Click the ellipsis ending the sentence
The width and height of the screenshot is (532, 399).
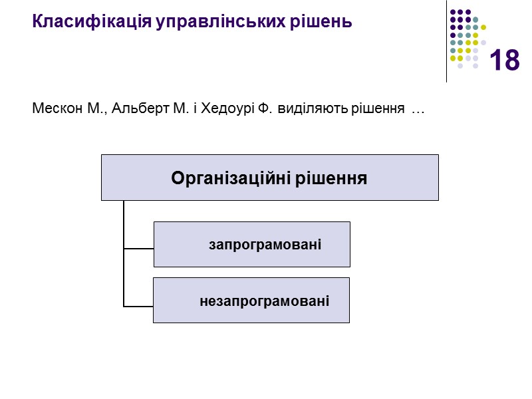418,109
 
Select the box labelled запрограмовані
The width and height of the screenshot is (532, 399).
252,245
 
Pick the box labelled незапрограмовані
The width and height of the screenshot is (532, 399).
251,301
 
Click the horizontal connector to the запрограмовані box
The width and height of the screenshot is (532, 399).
138,249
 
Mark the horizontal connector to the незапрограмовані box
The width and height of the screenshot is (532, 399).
138,307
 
